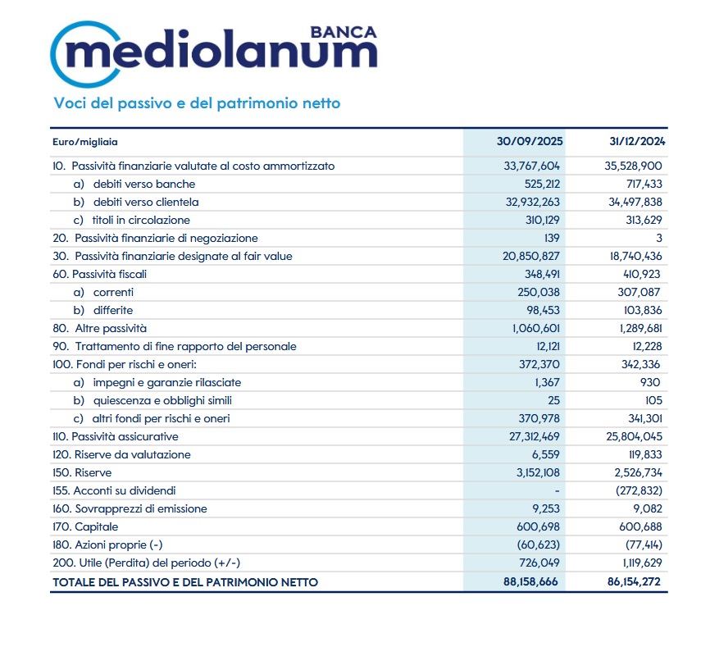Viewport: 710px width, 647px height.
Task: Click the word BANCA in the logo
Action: [x=344, y=32]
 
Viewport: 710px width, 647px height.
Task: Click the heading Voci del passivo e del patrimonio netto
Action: [x=197, y=103]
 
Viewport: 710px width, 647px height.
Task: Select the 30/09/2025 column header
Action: [x=530, y=141]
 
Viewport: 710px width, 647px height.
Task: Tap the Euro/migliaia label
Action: [x=84, y=142]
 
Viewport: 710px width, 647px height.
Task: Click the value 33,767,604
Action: [x=531, y=166]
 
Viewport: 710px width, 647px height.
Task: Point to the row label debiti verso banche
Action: [x=144, y=184]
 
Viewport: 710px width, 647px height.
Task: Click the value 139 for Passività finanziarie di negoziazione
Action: [x=551, y=238]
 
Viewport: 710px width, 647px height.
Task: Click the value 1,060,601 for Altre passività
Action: [x=532, y=328]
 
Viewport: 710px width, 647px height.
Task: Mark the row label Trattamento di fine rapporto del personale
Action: [x=174, y=346]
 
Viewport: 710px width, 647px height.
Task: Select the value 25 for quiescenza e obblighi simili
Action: [x=553, y=400]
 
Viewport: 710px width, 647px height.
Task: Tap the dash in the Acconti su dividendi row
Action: [x=557, y=490]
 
